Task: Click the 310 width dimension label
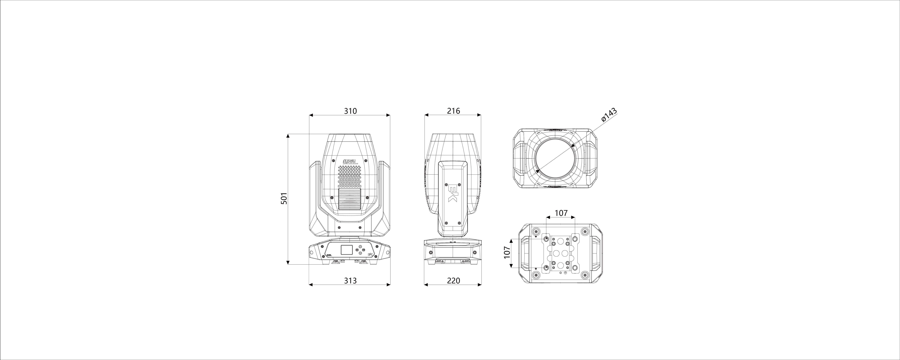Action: coord(350,111)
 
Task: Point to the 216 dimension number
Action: coord(454,111)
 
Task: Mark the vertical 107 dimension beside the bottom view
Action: coord(507,252)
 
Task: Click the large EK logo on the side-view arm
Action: coord(453,193)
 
